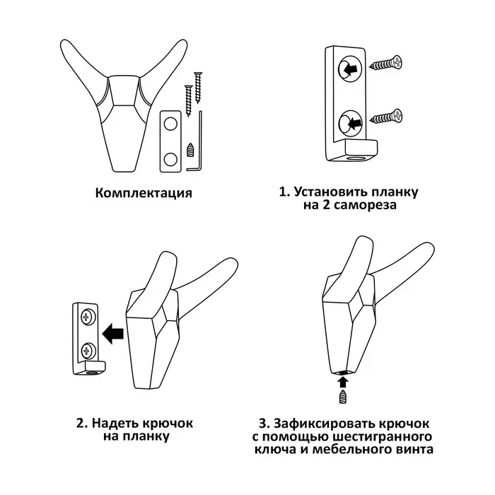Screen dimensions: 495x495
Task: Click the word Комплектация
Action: tap(144, 193)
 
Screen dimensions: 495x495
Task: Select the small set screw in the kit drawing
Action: tap(190, 150)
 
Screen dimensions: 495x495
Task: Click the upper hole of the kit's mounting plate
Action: tap(170, 124)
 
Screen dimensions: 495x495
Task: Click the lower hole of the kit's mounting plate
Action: tap(170, 159)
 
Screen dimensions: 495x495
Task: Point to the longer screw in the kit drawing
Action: tap(198, 88)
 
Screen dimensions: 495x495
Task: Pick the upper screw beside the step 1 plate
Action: tap(386, 63)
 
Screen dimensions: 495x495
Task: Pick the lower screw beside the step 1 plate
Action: tap(386, 117)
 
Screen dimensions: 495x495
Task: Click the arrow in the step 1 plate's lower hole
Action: tap(354, 122)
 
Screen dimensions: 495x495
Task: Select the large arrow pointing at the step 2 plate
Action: tap(112, 333)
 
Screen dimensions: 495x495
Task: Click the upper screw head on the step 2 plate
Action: tap(86, 317)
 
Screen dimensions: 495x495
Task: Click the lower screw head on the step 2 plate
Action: tap(86, 350)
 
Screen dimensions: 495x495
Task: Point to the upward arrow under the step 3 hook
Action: tap(343, 382)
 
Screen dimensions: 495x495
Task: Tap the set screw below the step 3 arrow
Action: tap(343, 397)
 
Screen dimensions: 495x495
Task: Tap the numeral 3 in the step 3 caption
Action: tap(262, 424)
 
